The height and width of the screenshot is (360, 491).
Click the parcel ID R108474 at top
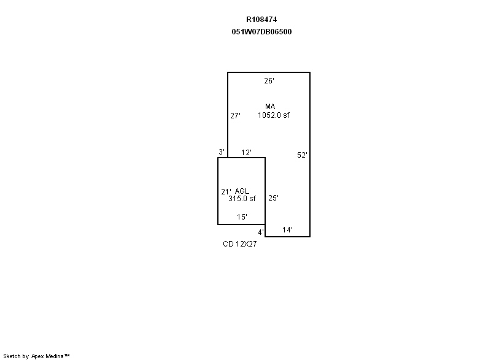(x=261, y=20)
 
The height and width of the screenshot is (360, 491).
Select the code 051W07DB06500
(x=261, y=32)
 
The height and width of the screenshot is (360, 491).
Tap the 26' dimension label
(x=269, y=81)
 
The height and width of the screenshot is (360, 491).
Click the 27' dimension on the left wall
(x=235, y=116)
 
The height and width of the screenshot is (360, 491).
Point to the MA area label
(x=270, y=107)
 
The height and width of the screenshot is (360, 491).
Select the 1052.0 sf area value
(x=273, y=115)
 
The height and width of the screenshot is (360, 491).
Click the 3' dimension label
(x=222, y=152)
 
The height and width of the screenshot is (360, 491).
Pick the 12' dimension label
(x=246, y=152)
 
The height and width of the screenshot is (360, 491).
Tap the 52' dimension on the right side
(x=302, y=155)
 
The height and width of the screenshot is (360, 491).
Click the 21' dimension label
(x=226, y=191)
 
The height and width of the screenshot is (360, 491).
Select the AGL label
(x=242, y=191)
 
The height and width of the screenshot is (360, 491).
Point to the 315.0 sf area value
(x=242, y=199)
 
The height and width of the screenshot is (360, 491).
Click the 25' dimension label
(x=273, y=197)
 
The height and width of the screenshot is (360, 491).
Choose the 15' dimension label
(x=242, y=216)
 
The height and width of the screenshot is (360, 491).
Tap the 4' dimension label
(x=261, y=232)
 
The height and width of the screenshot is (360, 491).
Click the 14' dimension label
(x=287, y=230)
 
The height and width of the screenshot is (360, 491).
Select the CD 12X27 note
(x=239, y=244)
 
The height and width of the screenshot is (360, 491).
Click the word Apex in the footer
(x=37, y=356)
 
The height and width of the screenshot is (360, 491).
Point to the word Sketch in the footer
(x=12, y=356)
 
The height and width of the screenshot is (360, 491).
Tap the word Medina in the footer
(x=55, y=356)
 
